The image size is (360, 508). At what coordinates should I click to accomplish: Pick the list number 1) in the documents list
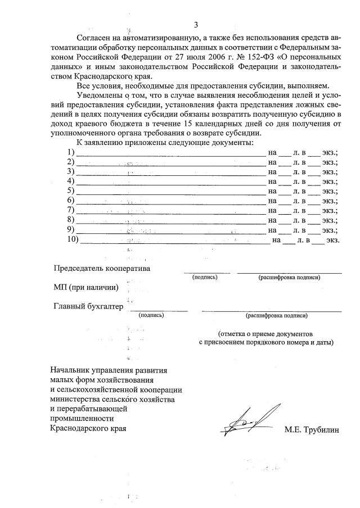point(70,153)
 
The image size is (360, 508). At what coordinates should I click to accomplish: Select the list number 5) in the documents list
point(70,191)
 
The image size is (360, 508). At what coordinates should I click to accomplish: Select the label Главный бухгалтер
point(88,306)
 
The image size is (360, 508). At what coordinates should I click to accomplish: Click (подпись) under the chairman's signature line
point(205,277)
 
